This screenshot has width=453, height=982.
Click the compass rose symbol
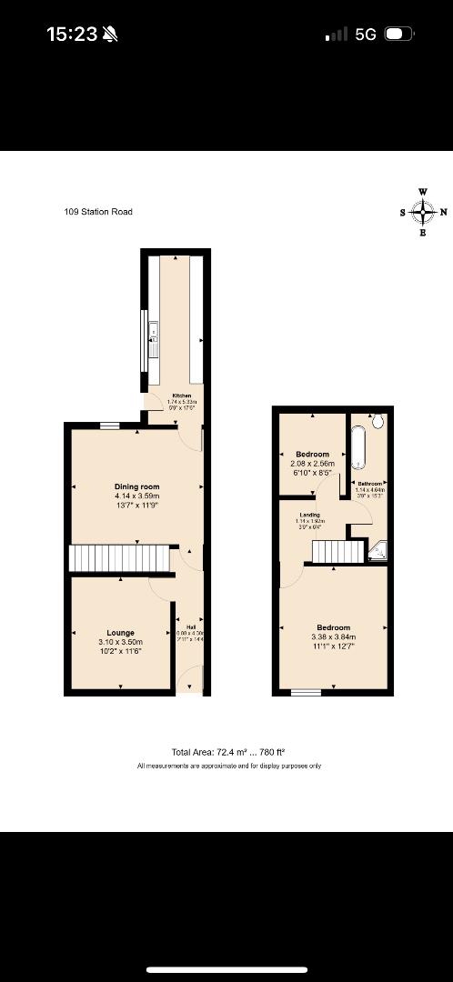click(422, 212)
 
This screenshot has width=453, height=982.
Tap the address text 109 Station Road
click(98, 212)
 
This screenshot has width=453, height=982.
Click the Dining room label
click(137, 487)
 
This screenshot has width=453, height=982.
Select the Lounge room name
click(121, 633)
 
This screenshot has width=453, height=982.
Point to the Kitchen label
click(183, 396)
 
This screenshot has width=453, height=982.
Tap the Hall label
click(191, 627)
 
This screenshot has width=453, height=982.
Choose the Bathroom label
click(369, 484)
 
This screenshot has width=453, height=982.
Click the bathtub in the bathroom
click(358, 446)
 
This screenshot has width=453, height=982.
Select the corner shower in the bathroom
click(380, 550)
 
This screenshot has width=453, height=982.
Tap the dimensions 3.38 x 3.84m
click(332, 637)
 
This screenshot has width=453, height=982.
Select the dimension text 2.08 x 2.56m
click(312, 464)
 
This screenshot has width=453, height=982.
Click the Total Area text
click(228, 752)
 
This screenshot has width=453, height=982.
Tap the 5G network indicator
click(366, 35)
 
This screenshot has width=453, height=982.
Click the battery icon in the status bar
click(398, 35)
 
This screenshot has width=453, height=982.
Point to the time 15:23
click(72, 35)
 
